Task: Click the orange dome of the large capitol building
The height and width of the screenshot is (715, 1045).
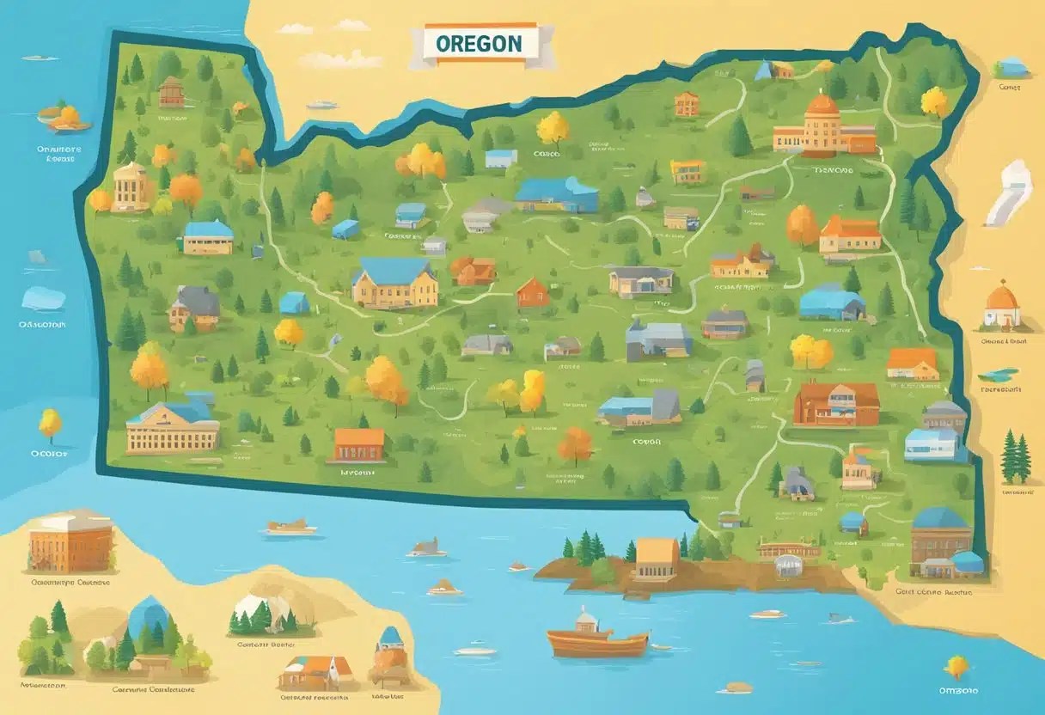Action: (x=822, y=105)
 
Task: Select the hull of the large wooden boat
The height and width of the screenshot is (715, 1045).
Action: (x=597, y=644)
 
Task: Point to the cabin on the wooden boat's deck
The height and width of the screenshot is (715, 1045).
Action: (x=589, y=620)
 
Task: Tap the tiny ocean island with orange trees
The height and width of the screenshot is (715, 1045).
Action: (x=64, y=119)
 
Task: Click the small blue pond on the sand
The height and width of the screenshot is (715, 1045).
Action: (x=999, y=375)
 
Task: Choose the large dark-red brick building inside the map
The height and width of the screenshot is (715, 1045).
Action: (x=836, y=404)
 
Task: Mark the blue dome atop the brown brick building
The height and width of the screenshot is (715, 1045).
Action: (x=941, y=517)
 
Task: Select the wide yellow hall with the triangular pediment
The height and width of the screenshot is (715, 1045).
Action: (x=172, y=427)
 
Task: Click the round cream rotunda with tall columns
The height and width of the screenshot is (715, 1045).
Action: (x=131, y=185)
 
